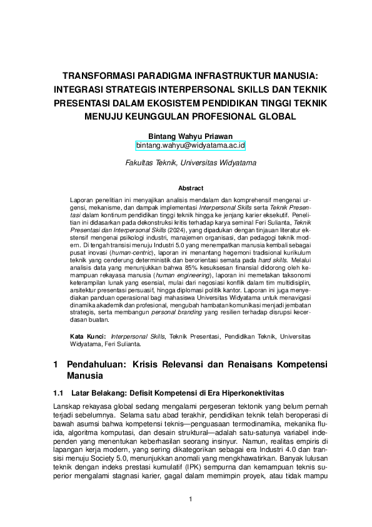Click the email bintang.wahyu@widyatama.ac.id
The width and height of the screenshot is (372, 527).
click(191, 145)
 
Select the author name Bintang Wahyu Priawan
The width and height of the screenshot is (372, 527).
click(190, 135)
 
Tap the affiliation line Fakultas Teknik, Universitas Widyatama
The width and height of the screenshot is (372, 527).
click(190, 162)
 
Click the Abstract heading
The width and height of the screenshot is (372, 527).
click(190, 188)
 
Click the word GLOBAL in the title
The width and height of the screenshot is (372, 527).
click(272, 116)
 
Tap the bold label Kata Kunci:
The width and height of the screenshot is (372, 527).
click(87, 337)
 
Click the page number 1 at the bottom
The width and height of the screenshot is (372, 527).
click(190, 499)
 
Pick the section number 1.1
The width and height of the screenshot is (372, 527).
click(59, 392)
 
